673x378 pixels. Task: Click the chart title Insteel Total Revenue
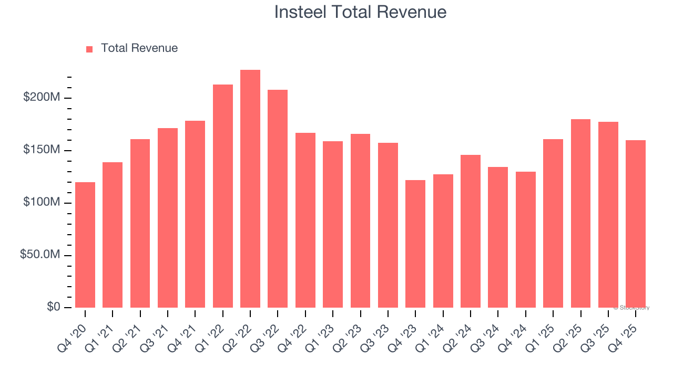[360, 12]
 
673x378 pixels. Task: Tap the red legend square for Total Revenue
[89, 49]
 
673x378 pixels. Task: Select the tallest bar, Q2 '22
[250, 188]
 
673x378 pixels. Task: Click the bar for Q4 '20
[85, 245]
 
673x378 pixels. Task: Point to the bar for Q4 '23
[415, 244]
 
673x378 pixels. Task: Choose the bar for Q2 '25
[580, 213]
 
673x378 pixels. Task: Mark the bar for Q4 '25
[635, 224]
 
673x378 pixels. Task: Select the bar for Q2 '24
[470, 231]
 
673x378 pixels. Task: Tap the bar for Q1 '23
[333, 224]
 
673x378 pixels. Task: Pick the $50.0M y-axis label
[40, 255]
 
